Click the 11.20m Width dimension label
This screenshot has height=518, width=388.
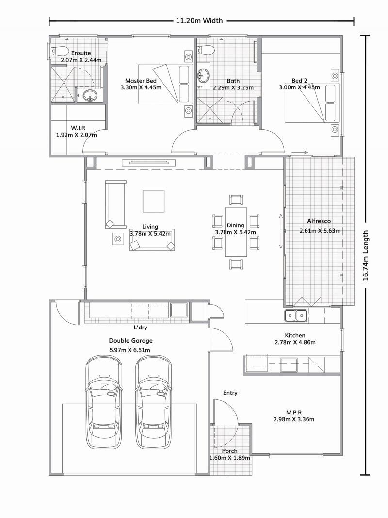point(199,20)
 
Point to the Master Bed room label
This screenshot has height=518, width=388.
point(141,81)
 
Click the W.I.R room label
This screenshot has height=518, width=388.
point(78,128)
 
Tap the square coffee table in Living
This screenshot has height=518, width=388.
point(154,201)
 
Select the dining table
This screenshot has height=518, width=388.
point(236,232)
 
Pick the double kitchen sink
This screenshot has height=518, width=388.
point(295,316)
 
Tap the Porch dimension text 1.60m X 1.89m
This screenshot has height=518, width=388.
point(230,458)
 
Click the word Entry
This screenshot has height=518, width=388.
point(230,393)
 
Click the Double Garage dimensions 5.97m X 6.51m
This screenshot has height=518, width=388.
point(129,350)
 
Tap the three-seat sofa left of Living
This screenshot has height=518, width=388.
point(115,205)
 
